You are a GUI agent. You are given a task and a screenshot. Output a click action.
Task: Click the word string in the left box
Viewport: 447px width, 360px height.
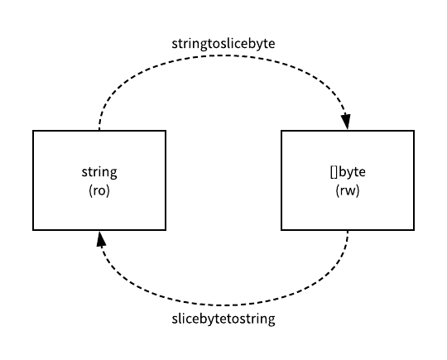point(99,172)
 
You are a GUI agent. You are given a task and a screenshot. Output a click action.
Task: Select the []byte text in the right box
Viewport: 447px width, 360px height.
point(348,172)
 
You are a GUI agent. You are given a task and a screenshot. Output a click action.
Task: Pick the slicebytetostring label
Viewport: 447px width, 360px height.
point(223,319)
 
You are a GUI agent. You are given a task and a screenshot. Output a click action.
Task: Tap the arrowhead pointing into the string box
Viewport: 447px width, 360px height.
point(100,238)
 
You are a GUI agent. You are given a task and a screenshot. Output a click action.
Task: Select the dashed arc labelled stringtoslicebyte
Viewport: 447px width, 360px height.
point(223,56)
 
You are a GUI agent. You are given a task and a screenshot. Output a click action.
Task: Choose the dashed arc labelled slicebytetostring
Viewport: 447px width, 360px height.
point(223,304)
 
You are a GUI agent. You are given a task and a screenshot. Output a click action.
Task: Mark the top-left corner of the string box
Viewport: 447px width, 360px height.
point(33,131)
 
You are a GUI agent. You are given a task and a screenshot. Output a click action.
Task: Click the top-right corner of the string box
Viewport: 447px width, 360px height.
point(166,131)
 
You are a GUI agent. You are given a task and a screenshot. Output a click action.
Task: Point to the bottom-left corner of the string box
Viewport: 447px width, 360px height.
point(33,230)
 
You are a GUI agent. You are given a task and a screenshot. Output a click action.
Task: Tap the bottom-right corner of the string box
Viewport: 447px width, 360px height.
point(166,230)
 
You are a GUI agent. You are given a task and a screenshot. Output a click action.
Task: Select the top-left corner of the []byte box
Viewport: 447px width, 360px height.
point(281,131)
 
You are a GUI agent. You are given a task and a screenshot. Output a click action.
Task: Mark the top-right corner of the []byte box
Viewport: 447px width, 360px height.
point(414,131)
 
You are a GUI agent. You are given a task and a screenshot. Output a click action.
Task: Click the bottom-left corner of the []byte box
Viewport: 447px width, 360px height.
point(281,230)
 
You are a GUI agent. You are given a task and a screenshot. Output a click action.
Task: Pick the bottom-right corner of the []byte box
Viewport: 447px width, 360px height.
point(414,230)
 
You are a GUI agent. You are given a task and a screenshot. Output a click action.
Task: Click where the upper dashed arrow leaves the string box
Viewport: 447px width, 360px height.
point(99,131)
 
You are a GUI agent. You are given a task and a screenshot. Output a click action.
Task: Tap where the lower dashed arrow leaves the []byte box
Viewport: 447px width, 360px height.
point(348,230)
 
